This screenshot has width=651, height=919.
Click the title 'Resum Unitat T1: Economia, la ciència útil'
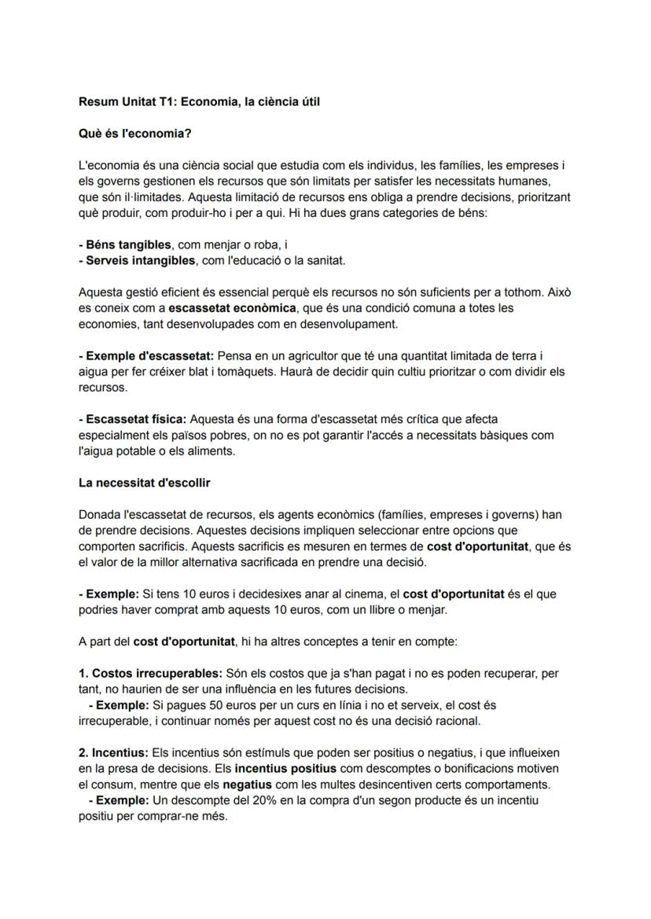point(199,101)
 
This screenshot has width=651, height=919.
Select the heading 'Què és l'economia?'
point(134,134)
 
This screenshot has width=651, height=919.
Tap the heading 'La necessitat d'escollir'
point(144,482)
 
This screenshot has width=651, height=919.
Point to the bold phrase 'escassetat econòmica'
point(229,307)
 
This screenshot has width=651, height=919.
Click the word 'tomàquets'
point(245,371)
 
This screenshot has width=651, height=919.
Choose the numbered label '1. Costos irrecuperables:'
point(151,674)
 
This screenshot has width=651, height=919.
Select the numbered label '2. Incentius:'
point(113,753)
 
